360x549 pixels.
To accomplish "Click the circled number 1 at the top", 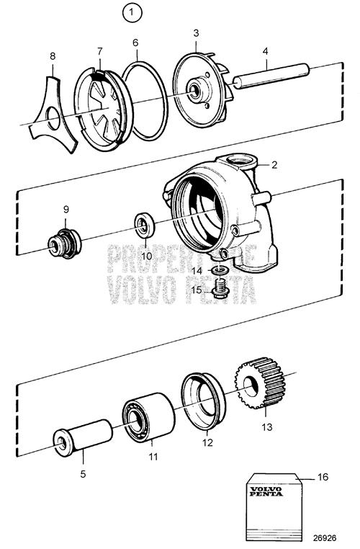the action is click(x=132, y=13).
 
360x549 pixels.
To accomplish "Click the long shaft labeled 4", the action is click(x=271, y=76).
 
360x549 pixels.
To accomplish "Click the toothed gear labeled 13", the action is click(x=259, y=383).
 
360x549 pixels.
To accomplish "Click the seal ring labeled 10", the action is click(x=145, y=225).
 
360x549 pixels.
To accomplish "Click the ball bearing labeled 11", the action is click(x=148, y=417).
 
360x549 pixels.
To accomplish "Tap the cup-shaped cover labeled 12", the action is click(x=203, y=401).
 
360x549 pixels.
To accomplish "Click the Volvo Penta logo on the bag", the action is click(x=266, y=491).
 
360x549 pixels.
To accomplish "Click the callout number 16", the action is click(x=323, y=477).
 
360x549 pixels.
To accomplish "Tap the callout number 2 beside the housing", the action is click(x=274, y=164).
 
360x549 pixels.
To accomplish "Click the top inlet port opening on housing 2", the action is click(x=240, y=162).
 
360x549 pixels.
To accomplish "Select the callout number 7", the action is click(x=100, y=51).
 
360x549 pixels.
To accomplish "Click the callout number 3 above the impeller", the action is click(x=196, y=33).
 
